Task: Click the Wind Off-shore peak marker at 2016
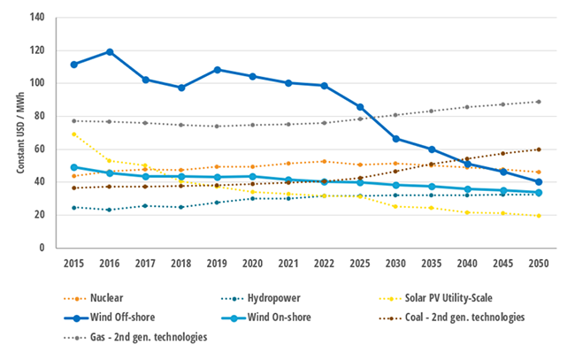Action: click(110, 51)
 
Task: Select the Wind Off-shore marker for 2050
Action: click(539, 182)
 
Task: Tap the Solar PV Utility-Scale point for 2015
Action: click(73, 134)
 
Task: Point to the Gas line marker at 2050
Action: click(539, 102)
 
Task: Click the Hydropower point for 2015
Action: click(73, 207)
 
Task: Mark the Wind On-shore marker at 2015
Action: click(73, 167)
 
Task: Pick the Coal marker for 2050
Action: click(539, 149)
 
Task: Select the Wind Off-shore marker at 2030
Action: click(395, 139)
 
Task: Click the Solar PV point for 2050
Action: click(539, 216)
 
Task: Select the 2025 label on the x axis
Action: click(360, 264)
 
